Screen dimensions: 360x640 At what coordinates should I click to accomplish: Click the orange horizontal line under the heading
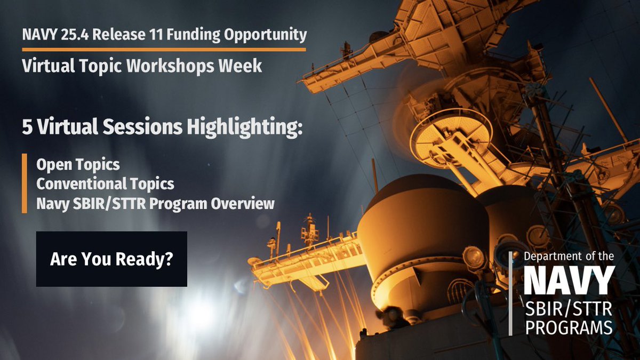pos(164,49)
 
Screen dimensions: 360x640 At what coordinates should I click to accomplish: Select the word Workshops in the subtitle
pos(193,66)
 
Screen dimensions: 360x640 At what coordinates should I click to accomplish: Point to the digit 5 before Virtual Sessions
pos(27,127)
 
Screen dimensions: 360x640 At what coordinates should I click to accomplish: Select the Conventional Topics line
pos(105,184)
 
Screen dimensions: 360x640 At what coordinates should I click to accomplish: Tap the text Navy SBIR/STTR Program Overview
pos(155,203)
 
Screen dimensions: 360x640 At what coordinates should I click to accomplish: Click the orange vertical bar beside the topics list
pos(25,183)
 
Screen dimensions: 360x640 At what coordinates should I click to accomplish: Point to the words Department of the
pos(569,257)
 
